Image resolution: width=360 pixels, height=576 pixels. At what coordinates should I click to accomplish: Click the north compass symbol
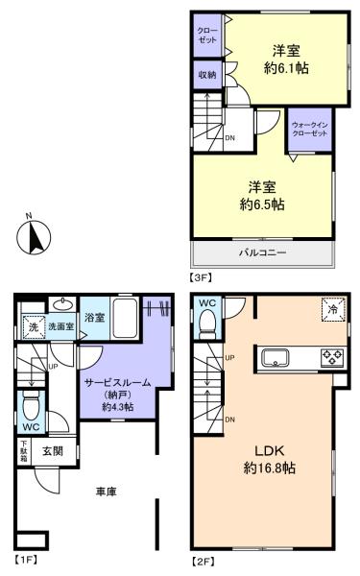pos(37,234)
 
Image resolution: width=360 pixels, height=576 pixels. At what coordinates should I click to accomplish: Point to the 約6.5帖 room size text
pos(262,204)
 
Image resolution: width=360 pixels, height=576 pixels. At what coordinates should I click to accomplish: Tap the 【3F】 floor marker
pos(203,276)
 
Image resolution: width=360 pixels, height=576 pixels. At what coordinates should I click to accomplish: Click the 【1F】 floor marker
pos(26,558)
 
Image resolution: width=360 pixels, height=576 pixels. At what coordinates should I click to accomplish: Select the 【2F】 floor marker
pos(203,558)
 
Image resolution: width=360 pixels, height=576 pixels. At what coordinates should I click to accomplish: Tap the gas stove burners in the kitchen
pos(332,359)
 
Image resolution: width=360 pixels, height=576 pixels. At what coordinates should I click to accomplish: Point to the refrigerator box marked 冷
pos(331,311)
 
